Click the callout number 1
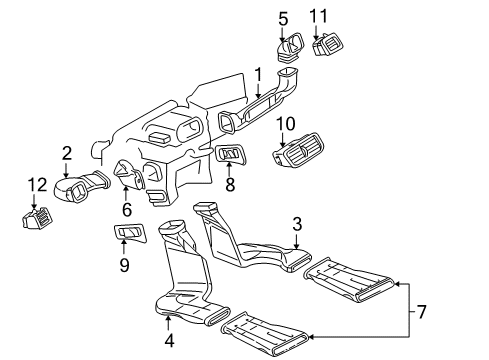(x=258, y=75)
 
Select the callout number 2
(x=67, y=153)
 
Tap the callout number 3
(x=297, y=224)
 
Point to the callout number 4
(x=169, y=340)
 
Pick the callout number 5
(x=283, y=19)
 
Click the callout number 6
(x=127, y=210)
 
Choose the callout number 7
(x=422, y=312)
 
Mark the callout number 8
(x=230, y=185)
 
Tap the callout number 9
(x=124, y=265)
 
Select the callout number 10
(x=286, y=124)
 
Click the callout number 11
(x=318, y=16)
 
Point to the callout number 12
(x=37, y=185)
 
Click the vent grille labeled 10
(x=299, y=151)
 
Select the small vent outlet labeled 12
(x=37, y=218)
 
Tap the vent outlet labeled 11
(x=328, y=44)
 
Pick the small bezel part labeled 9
(x=130, y=233)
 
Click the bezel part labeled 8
(x=231, y=155)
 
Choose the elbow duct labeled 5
(x=290, y=47)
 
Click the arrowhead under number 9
(x=124, y=241)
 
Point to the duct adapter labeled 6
(x=129, y=175)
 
